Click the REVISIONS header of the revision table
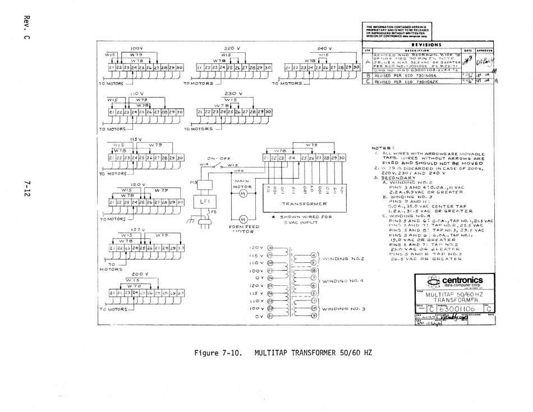[x=426, y=44]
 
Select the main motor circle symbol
[x=243, y=194]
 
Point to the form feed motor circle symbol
[x=243, y=218]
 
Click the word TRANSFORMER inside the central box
[x=304, y=203]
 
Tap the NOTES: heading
[x=380, y=149]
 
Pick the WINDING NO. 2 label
[x=344, y=259]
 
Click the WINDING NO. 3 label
[x=344, y=308]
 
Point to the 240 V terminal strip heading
[x=325, y=48]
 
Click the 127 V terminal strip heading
[x=138, y=229]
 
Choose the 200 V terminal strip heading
[x=140, y=274]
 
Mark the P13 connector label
[x=194, y=182]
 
